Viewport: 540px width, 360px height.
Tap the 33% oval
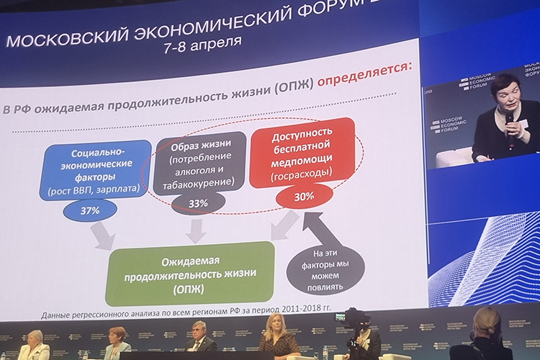pyautogui.click(x=198, y=204)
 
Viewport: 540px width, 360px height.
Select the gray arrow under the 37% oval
pyautogui.click(x=103, y=235)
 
